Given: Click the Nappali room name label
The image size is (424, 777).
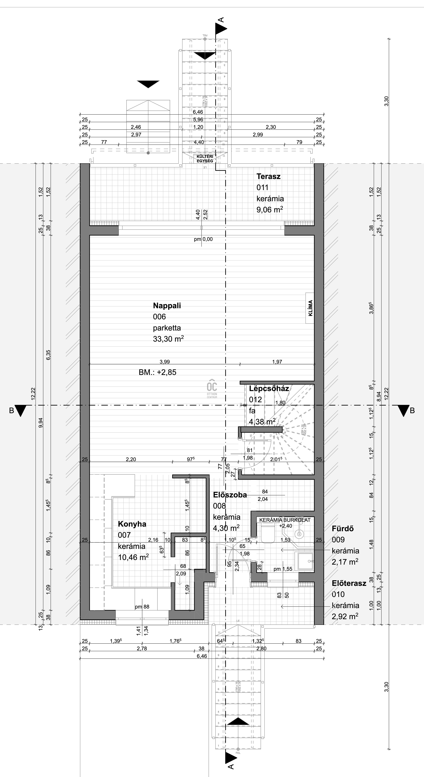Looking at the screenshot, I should click(x=167, y=306).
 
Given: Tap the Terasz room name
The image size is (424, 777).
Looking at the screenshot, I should click(x=268, y=176).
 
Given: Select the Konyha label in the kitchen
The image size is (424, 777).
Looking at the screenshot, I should click(x=132, y=524).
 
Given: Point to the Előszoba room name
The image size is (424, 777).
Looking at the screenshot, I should click(x=230, y=495).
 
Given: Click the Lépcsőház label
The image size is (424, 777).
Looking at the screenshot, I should click(x=269, y=388).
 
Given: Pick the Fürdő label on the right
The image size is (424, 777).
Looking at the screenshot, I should click(x=343, y=528).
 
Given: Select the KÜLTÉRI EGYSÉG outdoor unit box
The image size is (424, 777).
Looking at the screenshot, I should click(x=205, y=158).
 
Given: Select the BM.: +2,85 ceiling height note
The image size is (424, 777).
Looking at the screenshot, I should click(x=157, y=372).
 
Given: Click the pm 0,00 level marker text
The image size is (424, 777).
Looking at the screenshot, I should click(x=203, y=239).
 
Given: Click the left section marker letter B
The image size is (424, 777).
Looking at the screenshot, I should click(x=11, y=411).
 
